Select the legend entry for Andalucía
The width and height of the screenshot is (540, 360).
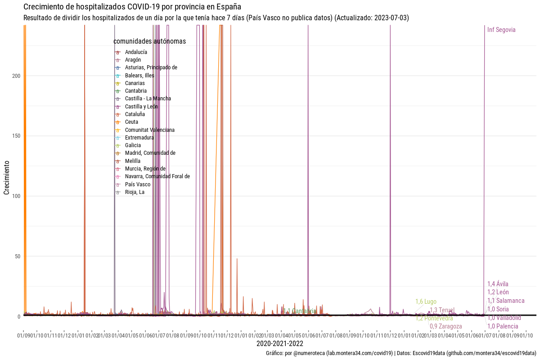click(x=136, y=52)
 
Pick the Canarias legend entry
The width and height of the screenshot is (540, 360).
click(x=135, y=83)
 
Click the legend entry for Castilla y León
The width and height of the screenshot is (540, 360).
click(x=141, y=107)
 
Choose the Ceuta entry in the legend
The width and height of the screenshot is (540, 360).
click(x=131, y=122)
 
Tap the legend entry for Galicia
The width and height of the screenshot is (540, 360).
click(x=133, y=145)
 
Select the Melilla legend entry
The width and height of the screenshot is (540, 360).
click(x=132, y=161)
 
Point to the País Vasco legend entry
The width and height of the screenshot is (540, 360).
click(x=138, y=184)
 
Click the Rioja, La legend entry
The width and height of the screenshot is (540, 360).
click(x=135, y=192)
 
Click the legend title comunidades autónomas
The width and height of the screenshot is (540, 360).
click(x=149, y=41)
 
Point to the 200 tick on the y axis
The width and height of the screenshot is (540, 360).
click(x=16, y=76)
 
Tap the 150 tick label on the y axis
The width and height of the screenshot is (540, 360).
click(x=16, y=136)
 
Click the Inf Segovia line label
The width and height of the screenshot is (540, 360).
click(x=501, y=30)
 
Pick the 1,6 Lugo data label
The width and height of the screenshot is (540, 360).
click(x=426, y=301)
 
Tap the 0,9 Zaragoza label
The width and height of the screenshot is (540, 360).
click(x=445, y=326)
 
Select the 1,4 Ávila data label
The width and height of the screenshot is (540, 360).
click(x=498, y=284)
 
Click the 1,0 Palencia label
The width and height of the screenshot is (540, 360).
click(x=503, y=326)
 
